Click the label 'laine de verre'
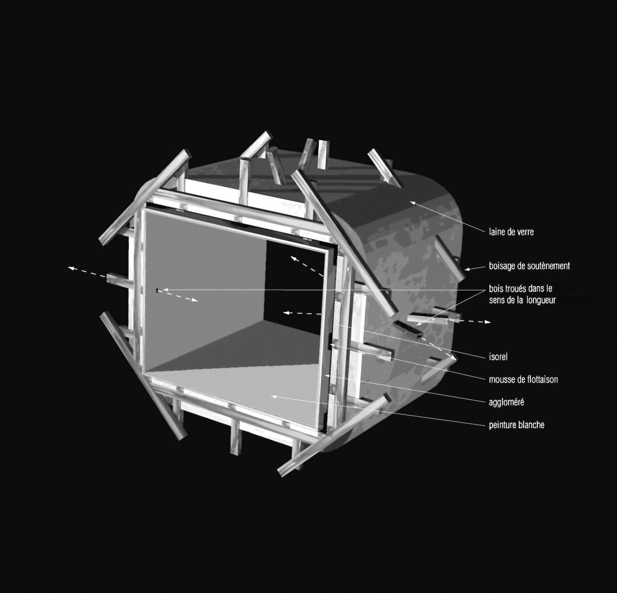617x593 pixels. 511,232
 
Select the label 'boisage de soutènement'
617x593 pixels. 529,266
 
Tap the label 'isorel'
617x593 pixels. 498,357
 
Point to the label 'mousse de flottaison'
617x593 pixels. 523,380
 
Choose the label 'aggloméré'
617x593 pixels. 506,402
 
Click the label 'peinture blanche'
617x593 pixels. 517,425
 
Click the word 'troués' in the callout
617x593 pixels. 518,289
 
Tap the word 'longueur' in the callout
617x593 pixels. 541,300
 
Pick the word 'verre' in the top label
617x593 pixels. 524,232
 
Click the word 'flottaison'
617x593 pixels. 542,380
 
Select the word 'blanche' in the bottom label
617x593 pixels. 532,425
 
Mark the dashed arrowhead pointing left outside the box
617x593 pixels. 71,269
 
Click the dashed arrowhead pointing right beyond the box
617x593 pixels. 487,322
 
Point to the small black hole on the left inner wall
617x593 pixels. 157,290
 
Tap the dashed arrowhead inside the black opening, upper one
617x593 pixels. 294,258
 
